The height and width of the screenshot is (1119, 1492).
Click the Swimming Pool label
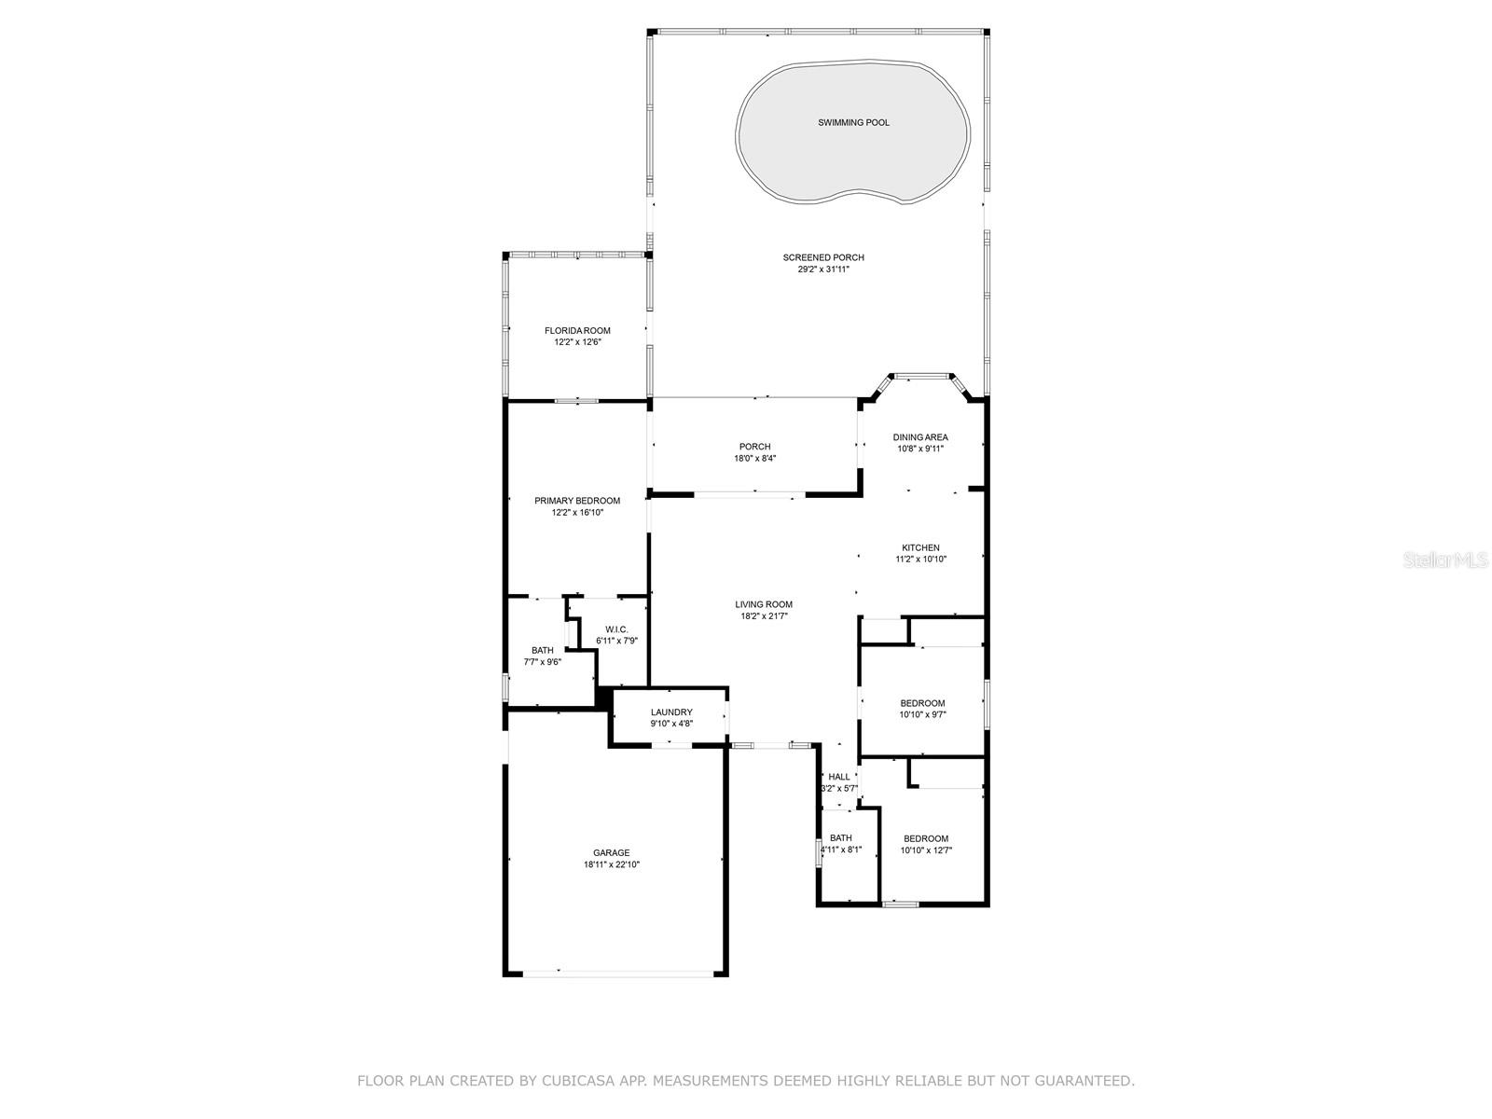[x=853, y=123]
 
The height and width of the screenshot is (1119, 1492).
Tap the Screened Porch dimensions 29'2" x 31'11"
[x=823, y=269]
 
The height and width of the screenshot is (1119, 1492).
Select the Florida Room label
[x=577, y=331]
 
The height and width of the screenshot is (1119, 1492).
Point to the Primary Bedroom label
[x=577, y=501]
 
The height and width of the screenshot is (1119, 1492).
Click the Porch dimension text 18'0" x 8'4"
[x=754, y=459]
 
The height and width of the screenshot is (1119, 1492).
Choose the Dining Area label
[x=919, y=437]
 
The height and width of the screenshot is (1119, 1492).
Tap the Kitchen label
[x=920, y=547]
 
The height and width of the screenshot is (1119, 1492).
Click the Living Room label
[x=764, y=604]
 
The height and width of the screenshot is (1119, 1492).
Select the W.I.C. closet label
[x=616, y=629]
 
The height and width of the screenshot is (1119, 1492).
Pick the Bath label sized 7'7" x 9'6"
[x=543, y=651]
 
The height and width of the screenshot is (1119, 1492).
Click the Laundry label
[x=671, y=712]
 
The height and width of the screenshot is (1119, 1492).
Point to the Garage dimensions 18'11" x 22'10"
[x=611, y=865]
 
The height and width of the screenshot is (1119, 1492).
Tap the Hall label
[x=838, y=778]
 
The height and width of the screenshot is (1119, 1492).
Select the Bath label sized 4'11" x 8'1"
[x=841, y=838]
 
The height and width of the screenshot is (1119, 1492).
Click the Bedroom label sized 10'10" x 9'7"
[x=922, y=703]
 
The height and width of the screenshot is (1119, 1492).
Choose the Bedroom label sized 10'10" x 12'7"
[x=926, y=838]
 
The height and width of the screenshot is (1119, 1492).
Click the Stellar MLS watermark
[x=1445, y=559]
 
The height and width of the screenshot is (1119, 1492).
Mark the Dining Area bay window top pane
[x=921, y=375]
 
